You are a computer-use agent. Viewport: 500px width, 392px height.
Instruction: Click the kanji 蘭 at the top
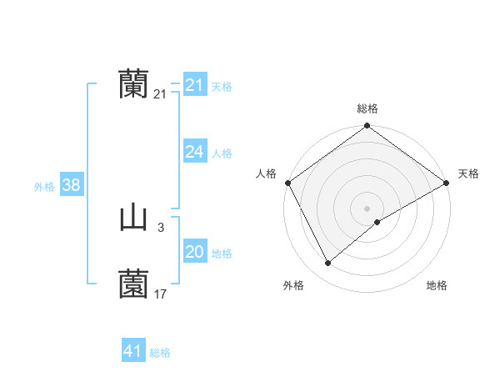[133, 84]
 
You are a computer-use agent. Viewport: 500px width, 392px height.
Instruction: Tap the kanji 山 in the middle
[133, 219]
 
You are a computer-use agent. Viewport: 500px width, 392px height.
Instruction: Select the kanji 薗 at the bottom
[133, 284]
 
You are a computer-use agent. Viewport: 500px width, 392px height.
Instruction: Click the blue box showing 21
[195, 85]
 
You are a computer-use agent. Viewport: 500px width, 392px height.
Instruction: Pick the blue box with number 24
[195, 152]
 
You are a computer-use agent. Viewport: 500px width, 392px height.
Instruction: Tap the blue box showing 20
[195, 253]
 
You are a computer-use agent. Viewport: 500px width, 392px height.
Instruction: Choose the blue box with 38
[71, 185]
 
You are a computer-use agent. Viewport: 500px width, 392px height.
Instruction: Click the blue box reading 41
[133, 351]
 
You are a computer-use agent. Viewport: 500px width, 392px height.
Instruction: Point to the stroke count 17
[161, 294]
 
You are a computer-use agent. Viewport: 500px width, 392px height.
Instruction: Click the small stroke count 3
[160, 227]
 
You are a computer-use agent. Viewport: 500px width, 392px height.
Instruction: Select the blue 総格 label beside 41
[160, 353]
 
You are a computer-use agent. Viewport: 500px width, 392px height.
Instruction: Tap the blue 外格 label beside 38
[44, 187]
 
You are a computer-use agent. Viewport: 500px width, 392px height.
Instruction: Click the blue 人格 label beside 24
[222, 153]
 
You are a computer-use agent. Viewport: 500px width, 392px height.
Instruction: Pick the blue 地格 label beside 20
[222, 254]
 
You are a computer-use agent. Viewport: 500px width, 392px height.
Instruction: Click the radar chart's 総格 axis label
[367, 108]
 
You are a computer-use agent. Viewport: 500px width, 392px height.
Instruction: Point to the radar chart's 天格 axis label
[468, 173]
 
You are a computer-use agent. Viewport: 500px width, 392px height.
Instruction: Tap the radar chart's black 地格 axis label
[437, 285]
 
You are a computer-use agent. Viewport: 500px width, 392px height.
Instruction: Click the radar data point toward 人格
[287, 183]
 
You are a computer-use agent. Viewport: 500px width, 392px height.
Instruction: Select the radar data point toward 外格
[328, 264]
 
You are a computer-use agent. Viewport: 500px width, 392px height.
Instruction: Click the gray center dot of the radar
[367, 209]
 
